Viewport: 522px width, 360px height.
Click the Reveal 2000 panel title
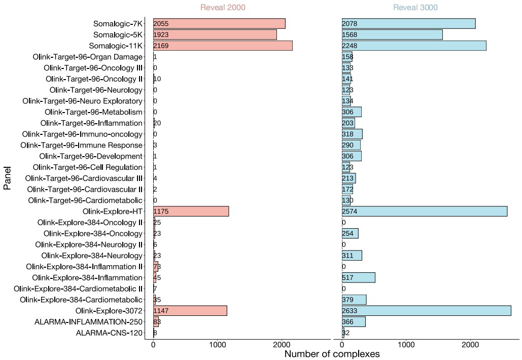(x=223, y=8)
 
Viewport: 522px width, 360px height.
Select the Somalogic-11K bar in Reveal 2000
(x=223, y=46)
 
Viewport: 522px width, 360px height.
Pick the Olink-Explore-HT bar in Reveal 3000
(x=425, y=211)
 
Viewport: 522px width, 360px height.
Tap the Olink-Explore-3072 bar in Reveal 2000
(x=190, y=310)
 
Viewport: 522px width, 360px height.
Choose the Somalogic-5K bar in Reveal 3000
(x=392, y=34)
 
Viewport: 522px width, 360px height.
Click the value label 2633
(x=350, y=310)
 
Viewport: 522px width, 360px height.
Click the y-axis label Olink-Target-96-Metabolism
(x=93, y=112)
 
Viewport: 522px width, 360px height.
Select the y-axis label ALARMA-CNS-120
(x=109, y=333)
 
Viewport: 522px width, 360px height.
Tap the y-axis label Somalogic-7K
(x=118, y=24)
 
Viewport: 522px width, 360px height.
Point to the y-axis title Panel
(x=8, y=179)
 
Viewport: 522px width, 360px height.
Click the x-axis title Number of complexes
(x=332, y=354)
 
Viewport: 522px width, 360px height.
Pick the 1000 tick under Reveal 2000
(x=217, y=344)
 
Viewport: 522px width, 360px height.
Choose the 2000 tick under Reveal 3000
(x=470, y=344)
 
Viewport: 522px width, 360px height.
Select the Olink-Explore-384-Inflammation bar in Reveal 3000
(x=358, y=277)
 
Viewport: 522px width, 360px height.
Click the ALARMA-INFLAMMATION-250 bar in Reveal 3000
(x=354, y=321)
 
